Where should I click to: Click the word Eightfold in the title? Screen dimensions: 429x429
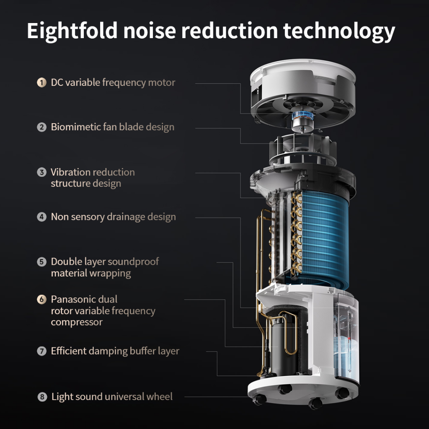click(72, 31)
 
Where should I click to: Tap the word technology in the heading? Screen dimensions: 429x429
click(339, 31)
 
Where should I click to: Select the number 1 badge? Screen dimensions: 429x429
click(41, 83)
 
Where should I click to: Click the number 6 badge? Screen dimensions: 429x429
click(41, 299)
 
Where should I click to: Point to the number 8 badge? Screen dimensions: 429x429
click(42, 397)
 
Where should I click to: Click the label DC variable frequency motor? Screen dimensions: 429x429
click(113, 83)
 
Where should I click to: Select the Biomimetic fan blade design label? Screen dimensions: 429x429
click(112, 127)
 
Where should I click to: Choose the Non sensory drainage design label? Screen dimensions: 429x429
click(113, 217)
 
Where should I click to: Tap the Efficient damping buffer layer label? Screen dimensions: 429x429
click(115, 351)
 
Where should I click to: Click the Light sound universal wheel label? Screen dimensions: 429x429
click(112, 397)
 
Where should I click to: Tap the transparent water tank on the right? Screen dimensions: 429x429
click(346, 339)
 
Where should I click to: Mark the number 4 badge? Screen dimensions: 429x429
click(41, 217)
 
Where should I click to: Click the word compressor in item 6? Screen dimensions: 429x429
click(77, 322)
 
